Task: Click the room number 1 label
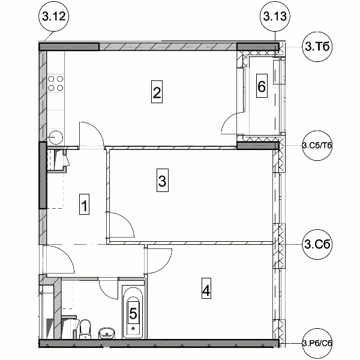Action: (84, 205)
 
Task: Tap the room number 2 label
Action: (157, 92)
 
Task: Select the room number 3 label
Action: (163, 180)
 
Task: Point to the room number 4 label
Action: (206, 289)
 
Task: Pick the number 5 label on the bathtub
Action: (133, 313)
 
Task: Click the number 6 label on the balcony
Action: (262, 86)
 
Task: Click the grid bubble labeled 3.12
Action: (54, 17)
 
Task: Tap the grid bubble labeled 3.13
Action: (275, 17)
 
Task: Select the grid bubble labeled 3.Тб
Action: (317, 47)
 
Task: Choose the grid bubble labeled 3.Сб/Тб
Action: (317, 146)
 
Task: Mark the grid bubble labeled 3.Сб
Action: (317, 244)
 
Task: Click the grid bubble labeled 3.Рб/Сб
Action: (317, 343)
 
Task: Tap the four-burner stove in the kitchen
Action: (56, 83)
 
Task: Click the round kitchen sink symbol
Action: (56, 137)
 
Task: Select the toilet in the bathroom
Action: (85, 329)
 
